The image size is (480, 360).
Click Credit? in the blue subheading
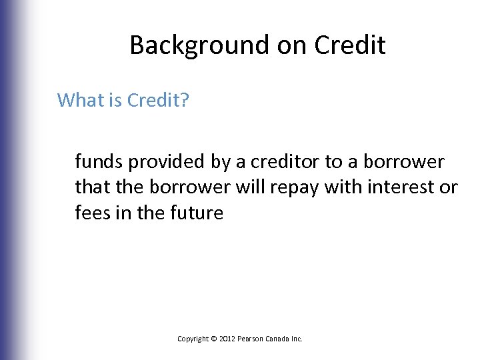[x=158, y=100]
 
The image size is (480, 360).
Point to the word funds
[x=97, y=162]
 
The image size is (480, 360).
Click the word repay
[x=295, y=187]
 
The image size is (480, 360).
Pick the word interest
[x=399, y=187]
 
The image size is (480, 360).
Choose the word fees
[x=94, y=213]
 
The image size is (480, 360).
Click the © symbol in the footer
[x=214, y=339]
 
